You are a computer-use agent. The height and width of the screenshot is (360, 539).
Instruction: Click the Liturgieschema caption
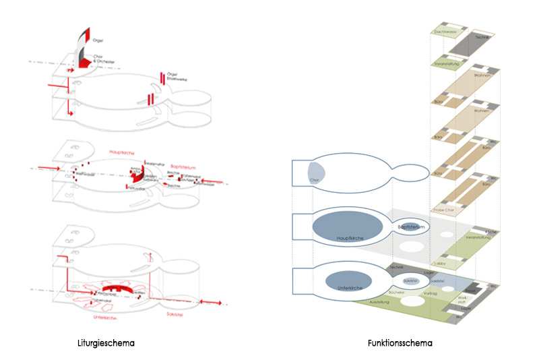(x=106, y=343)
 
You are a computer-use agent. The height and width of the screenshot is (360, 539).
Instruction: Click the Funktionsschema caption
(x=400, y=343)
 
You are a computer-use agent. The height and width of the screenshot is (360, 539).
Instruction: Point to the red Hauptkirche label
(x=123, y=152)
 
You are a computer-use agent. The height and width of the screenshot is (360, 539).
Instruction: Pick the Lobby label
(x=439, y=263)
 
